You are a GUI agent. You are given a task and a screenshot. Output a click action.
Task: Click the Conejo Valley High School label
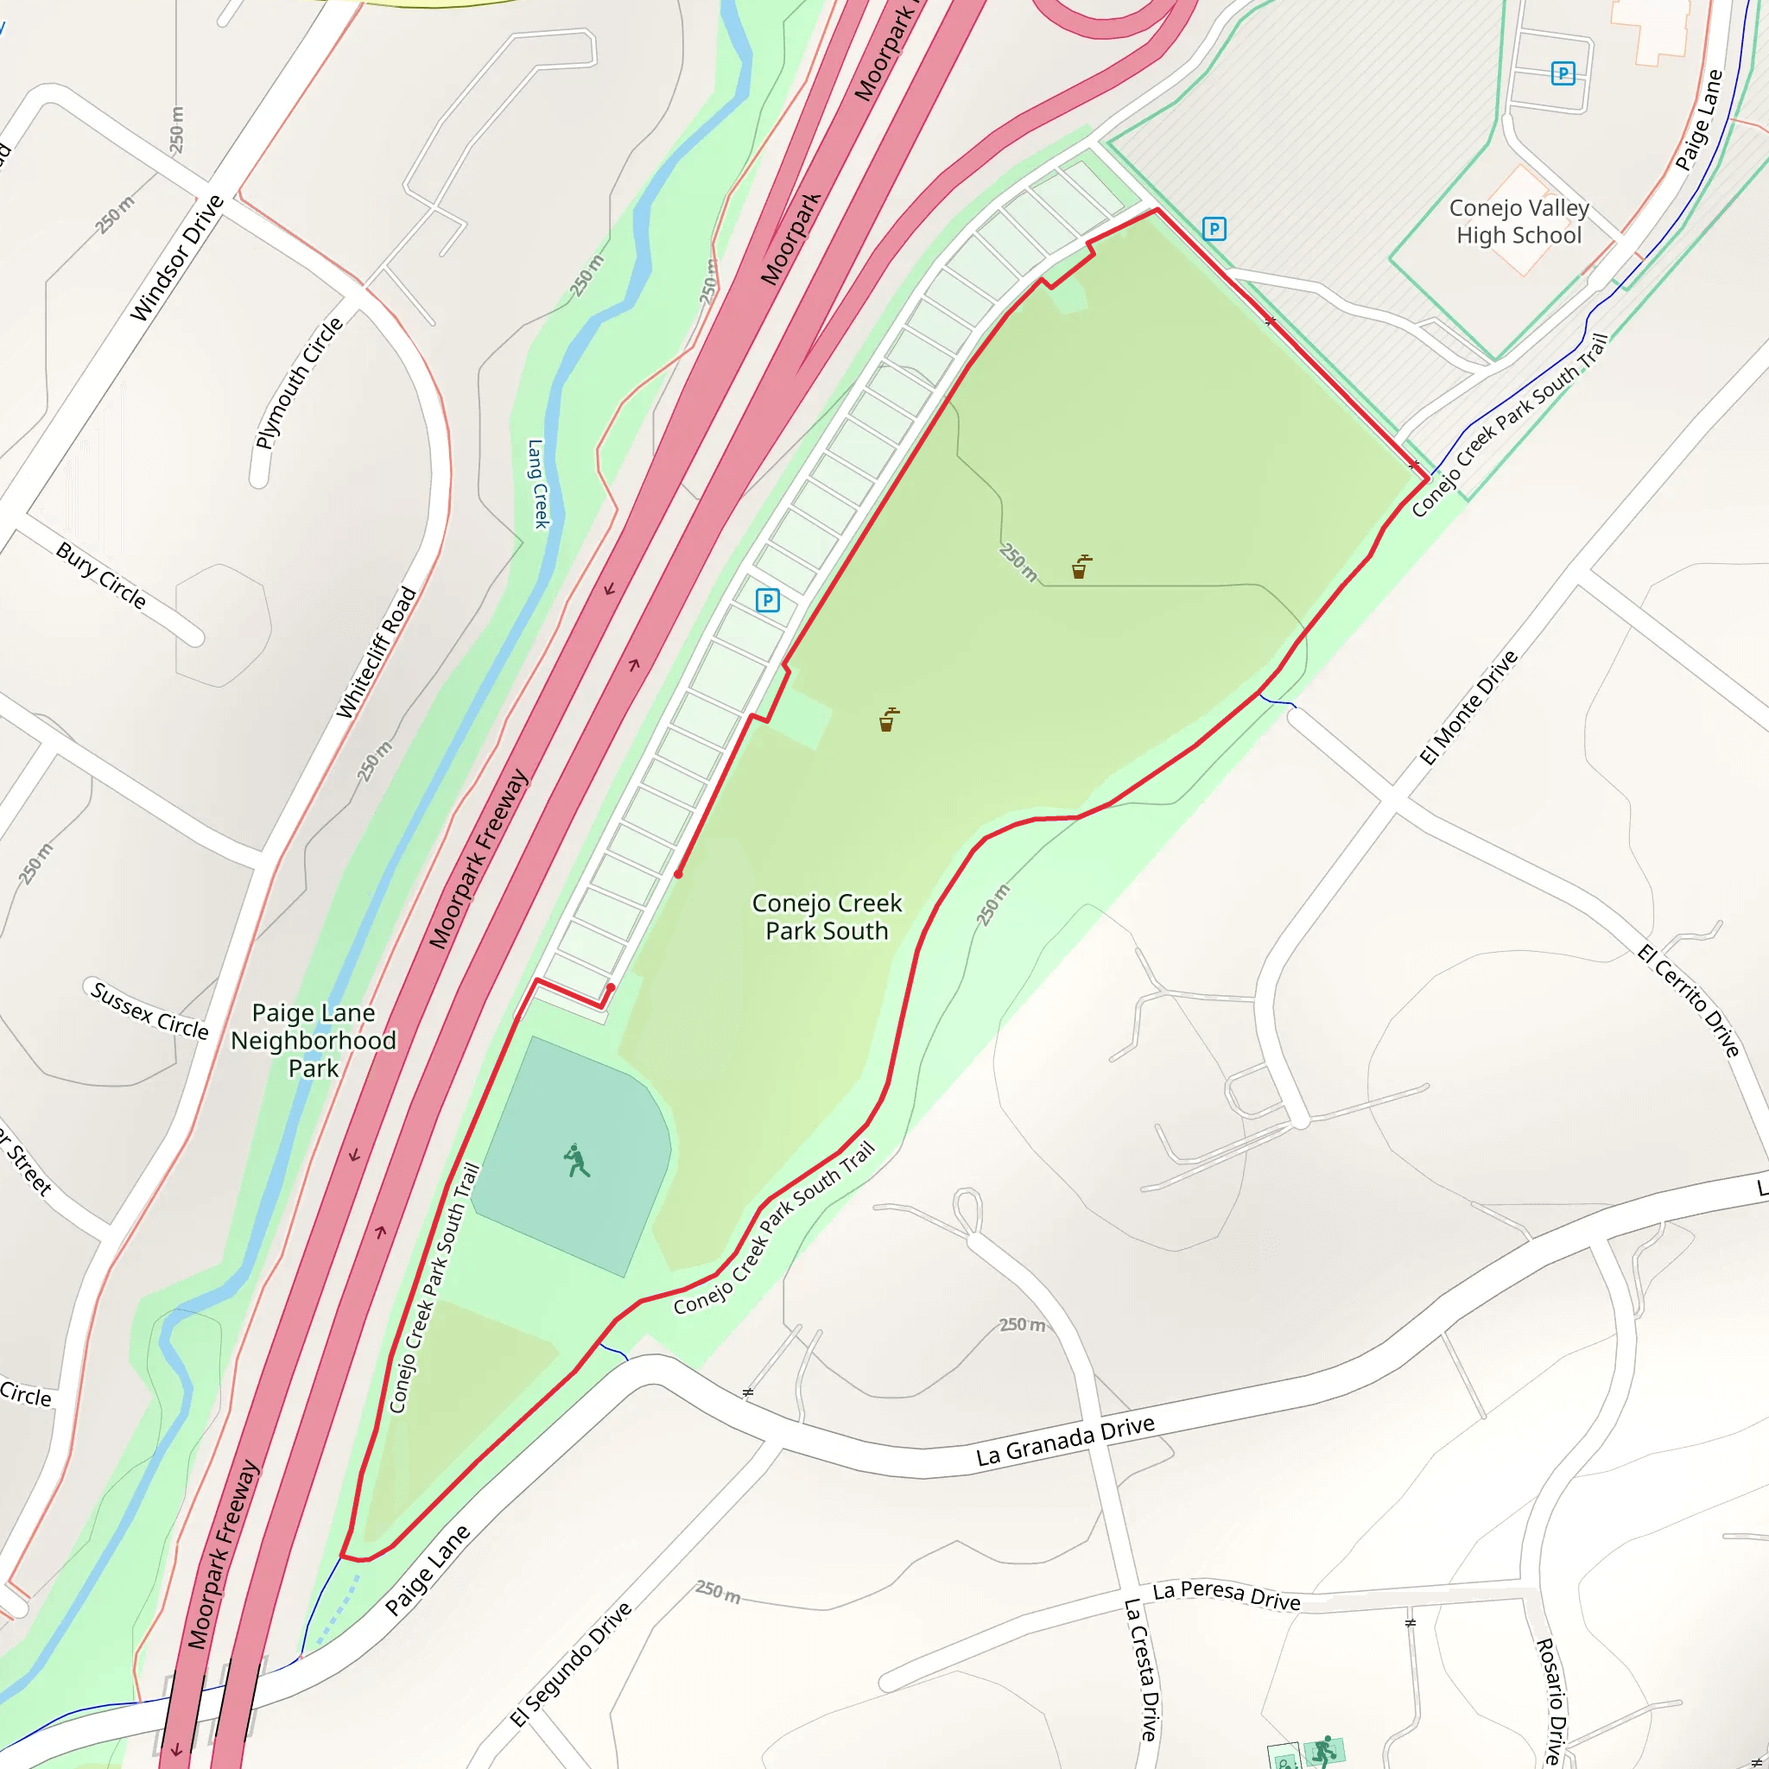coord(1519,222)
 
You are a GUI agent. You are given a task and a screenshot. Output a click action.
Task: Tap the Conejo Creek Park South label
coord(827,916)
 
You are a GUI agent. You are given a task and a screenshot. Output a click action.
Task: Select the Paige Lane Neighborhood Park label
coord(314,1040)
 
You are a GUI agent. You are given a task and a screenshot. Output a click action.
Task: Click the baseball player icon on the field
coord(576,1160)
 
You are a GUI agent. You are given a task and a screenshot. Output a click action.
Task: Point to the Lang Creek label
coord(537,484)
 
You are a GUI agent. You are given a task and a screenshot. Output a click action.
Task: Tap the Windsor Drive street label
coord(177,258)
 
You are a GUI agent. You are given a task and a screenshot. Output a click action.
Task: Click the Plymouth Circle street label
coord(299,383)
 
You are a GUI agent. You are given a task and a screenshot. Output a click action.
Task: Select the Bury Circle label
coord(101,575)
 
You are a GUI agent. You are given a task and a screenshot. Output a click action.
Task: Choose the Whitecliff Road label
coord(377,653)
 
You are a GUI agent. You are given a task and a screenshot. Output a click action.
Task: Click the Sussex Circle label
coord(149,1010)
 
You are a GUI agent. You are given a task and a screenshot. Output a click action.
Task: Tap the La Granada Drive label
coord(1065,1442)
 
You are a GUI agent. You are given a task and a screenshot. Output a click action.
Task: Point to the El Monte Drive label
coord(1468,707)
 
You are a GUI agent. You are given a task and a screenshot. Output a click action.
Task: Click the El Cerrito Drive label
coord(1688,1001)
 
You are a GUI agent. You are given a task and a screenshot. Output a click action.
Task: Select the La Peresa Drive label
coord(1226,1595)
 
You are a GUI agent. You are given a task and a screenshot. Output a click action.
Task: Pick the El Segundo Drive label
coord(571,1664)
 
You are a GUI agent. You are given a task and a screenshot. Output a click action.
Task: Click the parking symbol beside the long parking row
coord(767,600)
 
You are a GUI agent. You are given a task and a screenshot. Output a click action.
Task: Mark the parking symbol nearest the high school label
coord(1214,229)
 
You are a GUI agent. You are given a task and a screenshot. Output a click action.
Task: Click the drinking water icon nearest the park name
coord(887,720)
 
